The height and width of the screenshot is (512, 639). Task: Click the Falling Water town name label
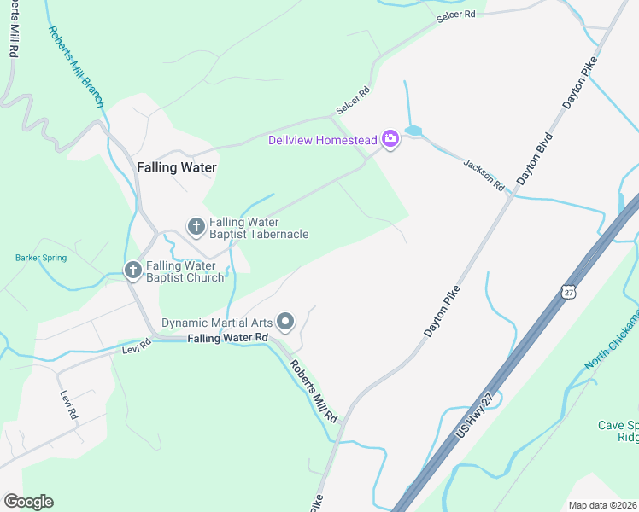177,168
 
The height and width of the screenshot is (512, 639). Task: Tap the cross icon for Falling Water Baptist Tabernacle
196,227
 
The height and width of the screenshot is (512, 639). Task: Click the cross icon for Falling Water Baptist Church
132,271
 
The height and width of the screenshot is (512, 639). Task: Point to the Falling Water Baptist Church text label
185,271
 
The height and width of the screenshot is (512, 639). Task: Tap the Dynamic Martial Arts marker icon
286,322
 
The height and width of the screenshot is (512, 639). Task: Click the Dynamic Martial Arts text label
218,323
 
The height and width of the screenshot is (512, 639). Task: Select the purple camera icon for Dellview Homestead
390,139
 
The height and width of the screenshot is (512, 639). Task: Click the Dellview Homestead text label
323,140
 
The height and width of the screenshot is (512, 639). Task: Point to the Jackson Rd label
484,174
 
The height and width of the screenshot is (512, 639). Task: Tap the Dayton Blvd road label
535,160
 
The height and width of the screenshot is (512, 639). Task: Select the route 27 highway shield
568,291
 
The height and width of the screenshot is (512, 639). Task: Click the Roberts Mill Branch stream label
76,66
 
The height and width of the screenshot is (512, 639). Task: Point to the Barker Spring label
40,257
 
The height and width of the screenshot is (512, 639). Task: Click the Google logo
28,502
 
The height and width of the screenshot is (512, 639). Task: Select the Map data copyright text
603,505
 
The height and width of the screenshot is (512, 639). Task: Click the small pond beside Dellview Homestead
413,131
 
